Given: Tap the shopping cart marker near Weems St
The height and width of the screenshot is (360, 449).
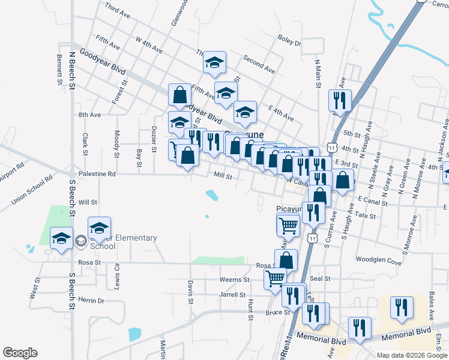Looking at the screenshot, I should pos(275,278).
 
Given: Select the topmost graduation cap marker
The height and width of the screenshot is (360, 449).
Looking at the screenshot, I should pos(214,62).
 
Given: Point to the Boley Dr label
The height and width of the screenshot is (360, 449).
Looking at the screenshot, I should pos(289,41).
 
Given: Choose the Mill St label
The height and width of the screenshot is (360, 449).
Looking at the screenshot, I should pos(223,175).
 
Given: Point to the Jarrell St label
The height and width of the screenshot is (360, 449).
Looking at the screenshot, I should pos(233,295).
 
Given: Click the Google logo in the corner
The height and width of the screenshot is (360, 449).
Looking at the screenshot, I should pos(20,352).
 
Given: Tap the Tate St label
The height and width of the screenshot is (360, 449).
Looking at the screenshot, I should pos(365,215).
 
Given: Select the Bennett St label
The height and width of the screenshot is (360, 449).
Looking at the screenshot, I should pos(60,70).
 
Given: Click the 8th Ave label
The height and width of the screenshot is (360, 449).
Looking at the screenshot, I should pos(89,114).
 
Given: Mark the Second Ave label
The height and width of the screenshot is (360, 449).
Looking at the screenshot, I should pos(259,65).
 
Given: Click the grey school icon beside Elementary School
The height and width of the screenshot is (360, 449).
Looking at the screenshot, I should pos(80,242).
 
